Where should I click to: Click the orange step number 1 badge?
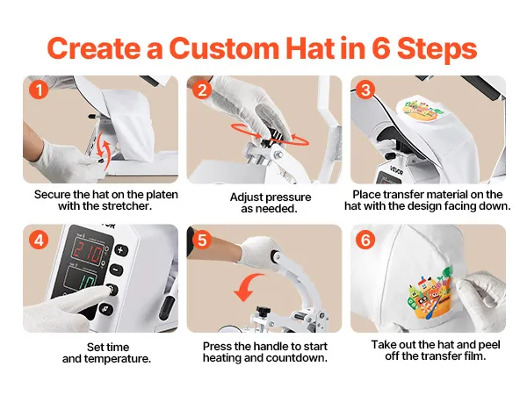coord(39,90)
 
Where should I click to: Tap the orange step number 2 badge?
coord(202,90)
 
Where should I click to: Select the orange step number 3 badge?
coord(365,90)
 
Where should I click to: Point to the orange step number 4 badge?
coord(39,241)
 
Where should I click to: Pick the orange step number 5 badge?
coord(202,241)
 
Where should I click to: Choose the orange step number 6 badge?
coord(365,241)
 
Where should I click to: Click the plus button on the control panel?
coord(121,250)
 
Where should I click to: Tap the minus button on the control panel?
coord(116,269)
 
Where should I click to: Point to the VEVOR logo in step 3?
coord(396,170)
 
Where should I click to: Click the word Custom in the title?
coord(225,48)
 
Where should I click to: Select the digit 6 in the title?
coord(381,48)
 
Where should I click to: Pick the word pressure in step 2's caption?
coord(291,197)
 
